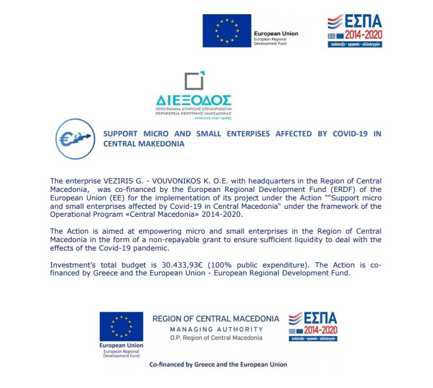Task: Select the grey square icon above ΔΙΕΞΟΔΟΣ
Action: [194, 81]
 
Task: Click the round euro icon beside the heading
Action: [71, 139]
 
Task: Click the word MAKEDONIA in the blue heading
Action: [162, 144]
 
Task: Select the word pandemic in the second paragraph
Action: [153, 248]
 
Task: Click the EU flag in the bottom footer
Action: [121, 326]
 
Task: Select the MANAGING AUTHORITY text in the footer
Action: [215, 329]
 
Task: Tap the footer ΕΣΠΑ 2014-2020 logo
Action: [313, 326]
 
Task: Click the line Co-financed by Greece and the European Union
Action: [219, 365]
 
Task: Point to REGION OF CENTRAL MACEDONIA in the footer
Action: [215, 319]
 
